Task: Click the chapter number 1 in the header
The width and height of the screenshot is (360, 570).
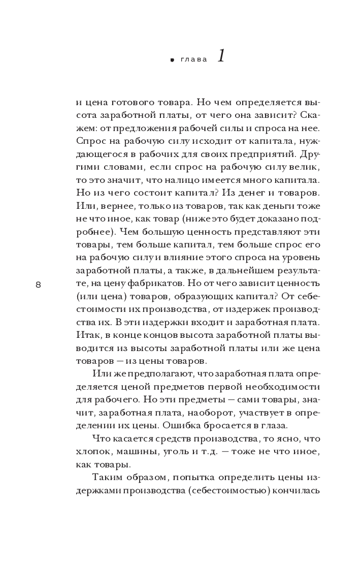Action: [221, 57]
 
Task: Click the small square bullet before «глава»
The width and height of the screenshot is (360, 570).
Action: [173, 60]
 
